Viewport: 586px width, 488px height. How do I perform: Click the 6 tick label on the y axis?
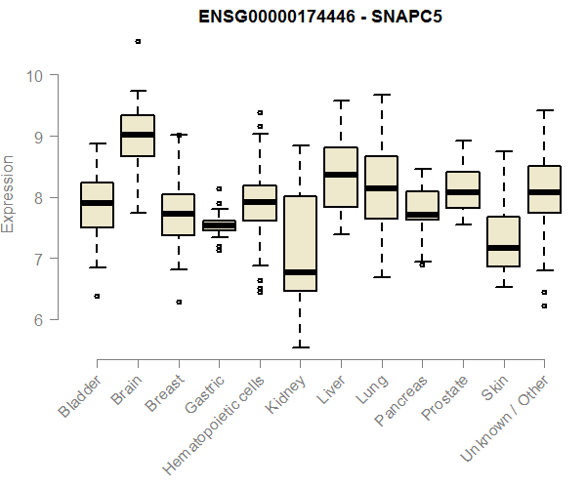(39, 319)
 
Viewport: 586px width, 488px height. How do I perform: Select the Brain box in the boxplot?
(138, 136)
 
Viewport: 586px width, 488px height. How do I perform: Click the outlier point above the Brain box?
(138, 41)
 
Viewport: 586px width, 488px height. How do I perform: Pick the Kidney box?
(300, 243)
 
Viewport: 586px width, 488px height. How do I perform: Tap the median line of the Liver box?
(340, 175)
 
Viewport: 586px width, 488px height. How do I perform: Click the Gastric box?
(219, 225)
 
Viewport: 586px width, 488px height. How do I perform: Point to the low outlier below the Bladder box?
(97, 296)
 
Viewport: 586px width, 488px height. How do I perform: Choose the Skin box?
(503, 241)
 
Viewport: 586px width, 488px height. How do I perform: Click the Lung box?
(381, 187)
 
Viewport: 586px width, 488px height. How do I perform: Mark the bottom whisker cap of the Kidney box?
(300, 346)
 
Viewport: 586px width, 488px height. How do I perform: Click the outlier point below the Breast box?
(178, 302)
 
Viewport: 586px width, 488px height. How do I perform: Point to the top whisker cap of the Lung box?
(381, 95)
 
